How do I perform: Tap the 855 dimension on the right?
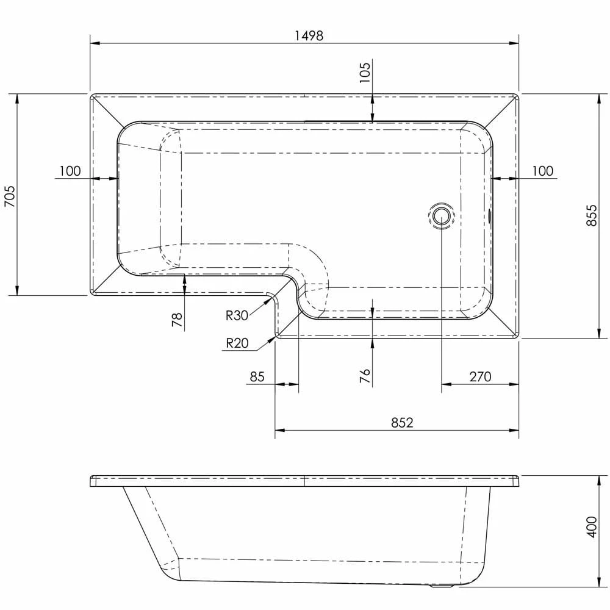591,216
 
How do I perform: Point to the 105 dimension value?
365,72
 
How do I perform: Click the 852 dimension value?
402,422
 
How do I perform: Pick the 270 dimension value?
480,376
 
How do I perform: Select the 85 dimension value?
257,376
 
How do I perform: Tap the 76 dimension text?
365,375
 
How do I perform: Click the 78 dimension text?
178,320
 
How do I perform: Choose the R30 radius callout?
237,315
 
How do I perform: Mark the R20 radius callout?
237,343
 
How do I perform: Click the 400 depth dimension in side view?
591,526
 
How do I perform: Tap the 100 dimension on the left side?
70,171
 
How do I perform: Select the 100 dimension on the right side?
542,171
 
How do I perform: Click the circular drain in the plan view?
442,216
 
